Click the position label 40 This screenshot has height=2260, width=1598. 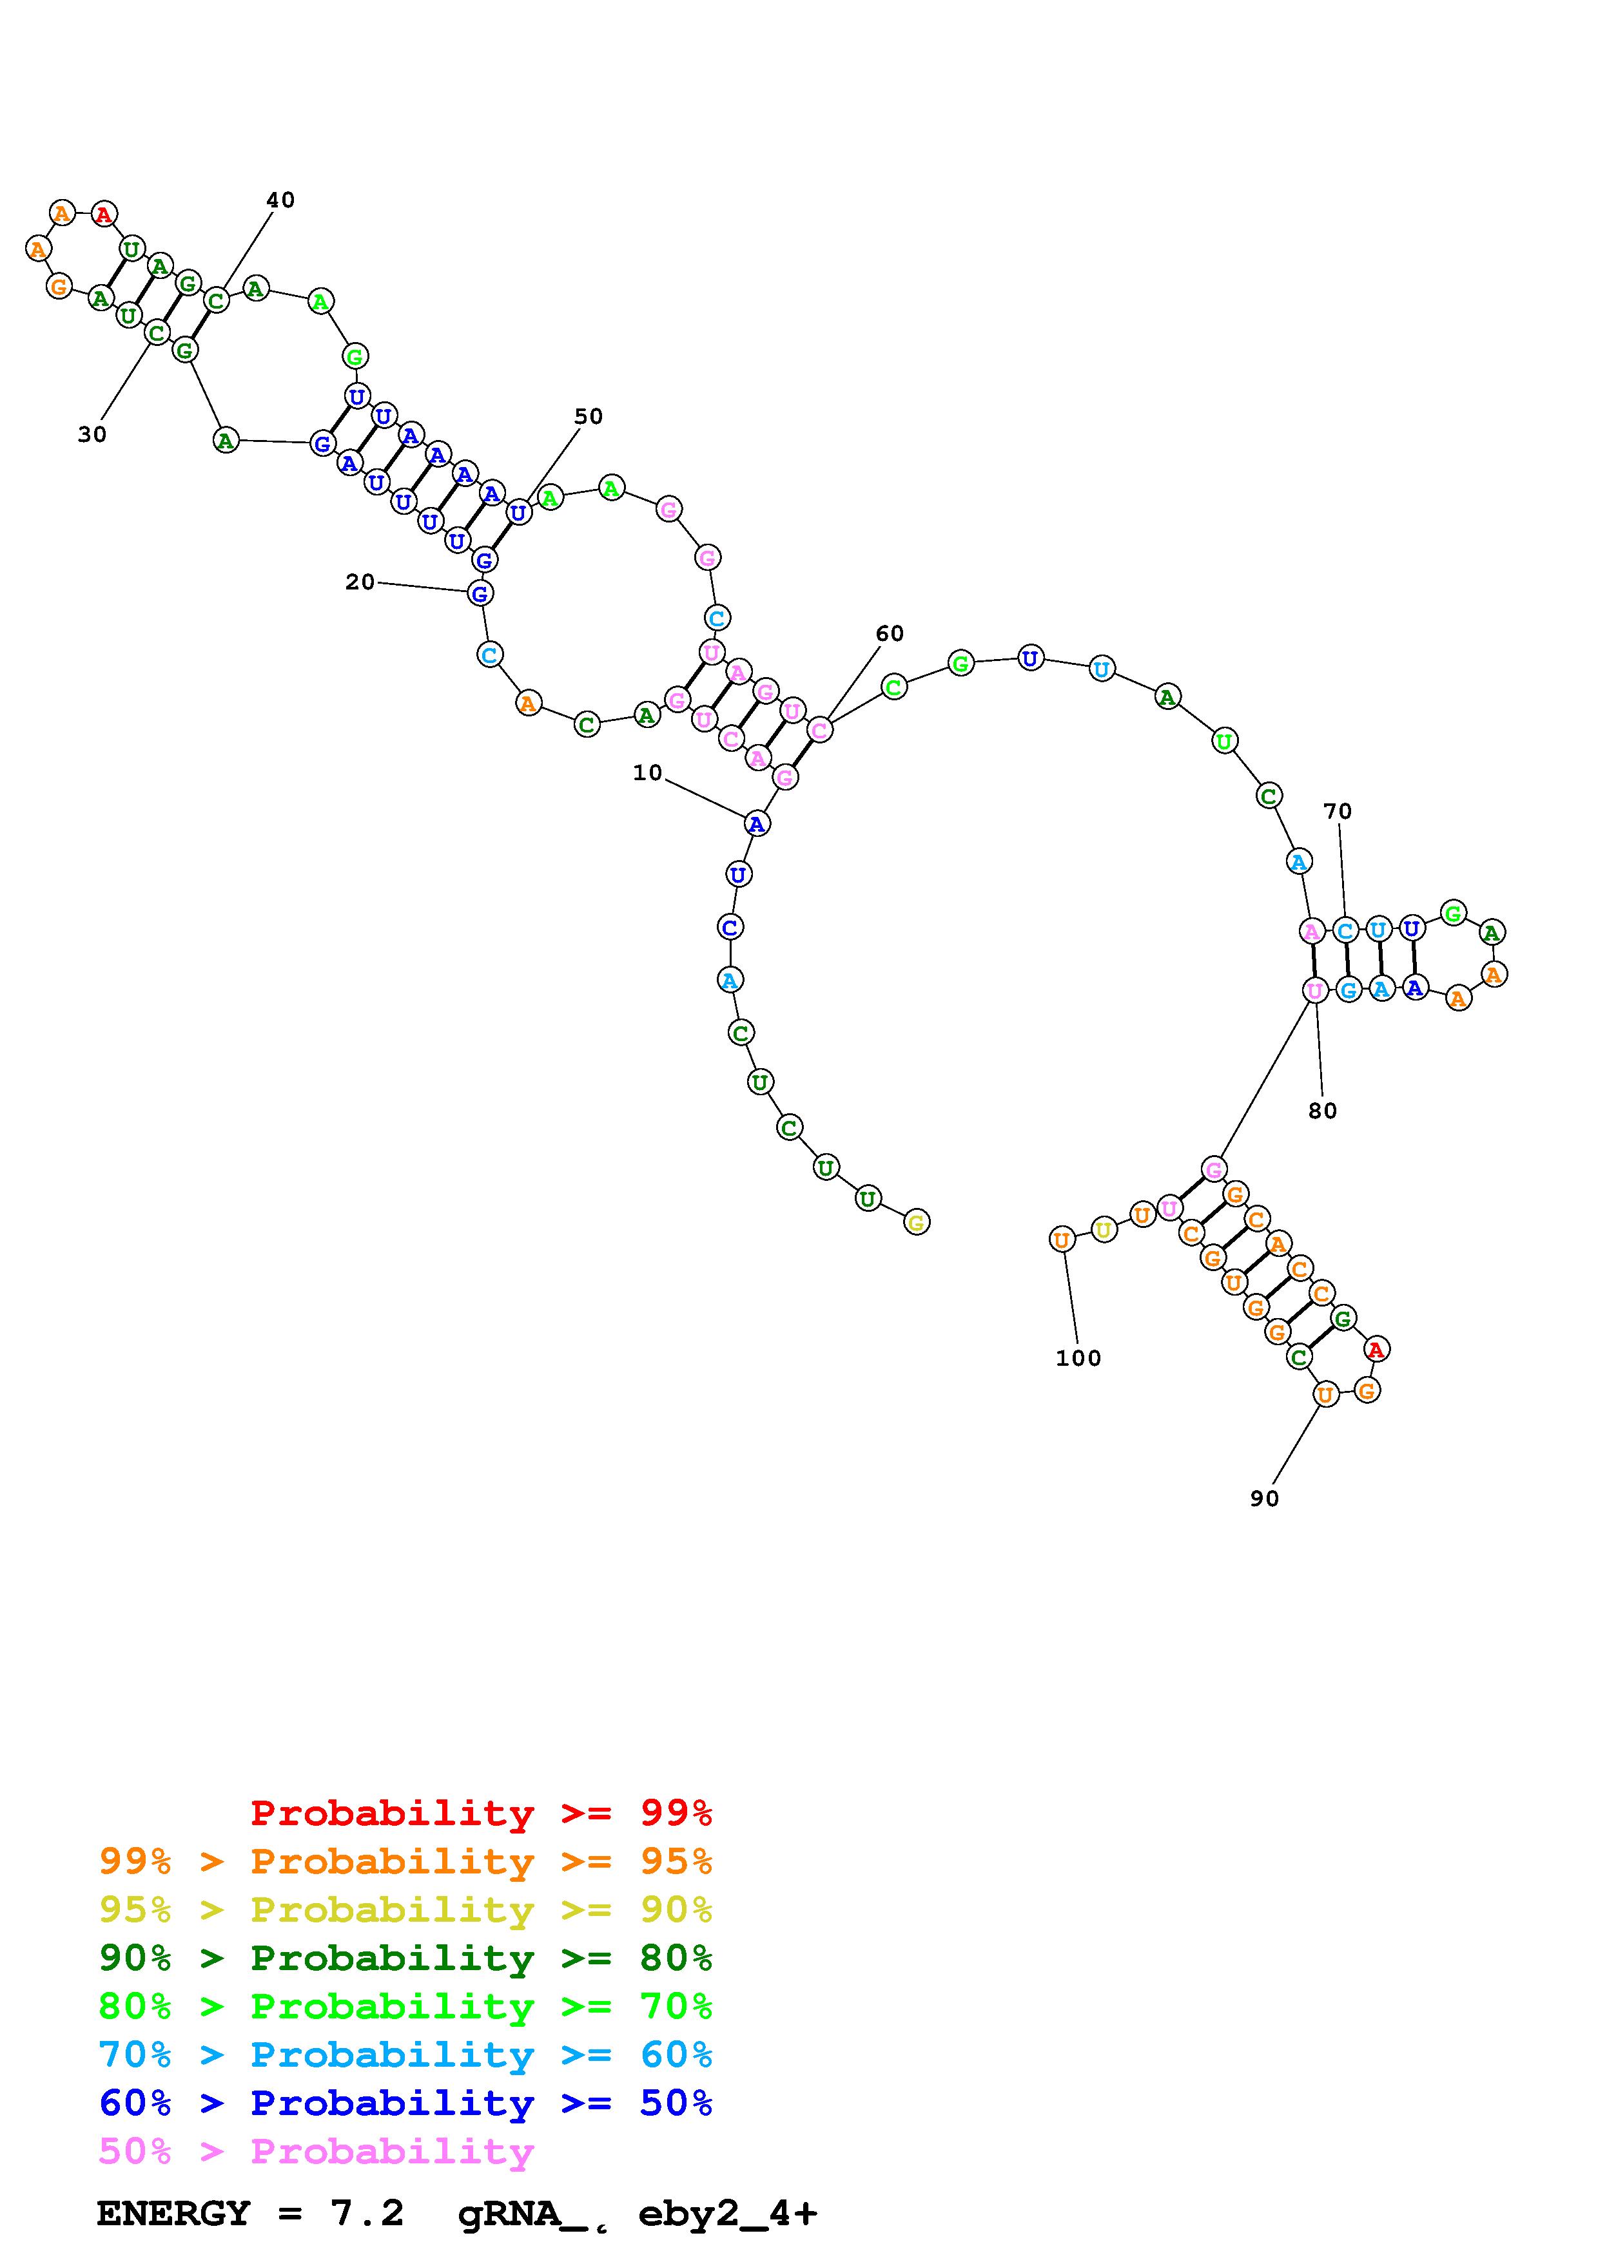pos(280,200)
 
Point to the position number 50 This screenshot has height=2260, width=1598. pos(589,416)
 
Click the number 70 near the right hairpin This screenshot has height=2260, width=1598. pos(1337,811)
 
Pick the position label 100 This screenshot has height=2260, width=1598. pos(1078,1357)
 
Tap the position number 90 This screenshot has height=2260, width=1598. pos(1264,1498)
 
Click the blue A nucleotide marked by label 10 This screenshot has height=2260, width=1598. pos(756,823)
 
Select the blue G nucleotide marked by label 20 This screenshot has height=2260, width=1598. pos(480,593)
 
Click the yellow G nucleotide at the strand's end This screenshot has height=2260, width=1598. pos(917,1223)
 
